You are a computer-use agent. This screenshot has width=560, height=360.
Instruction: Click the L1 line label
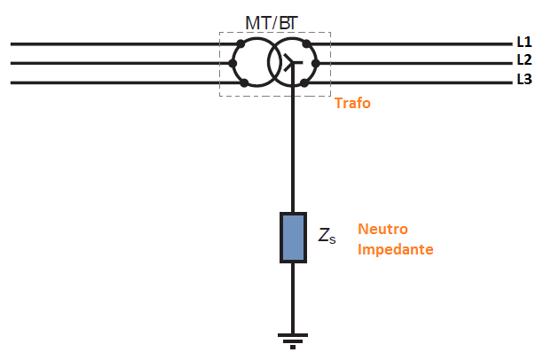(x=525, y=42)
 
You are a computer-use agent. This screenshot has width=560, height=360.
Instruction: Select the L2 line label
(x=525, y=59)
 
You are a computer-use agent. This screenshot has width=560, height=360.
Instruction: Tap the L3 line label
(x=525, y=79)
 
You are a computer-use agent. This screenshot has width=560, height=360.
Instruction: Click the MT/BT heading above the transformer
(x=271, y=23)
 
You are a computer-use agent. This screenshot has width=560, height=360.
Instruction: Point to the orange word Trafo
(x=352, y=103)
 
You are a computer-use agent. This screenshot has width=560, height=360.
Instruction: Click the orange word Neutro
(x=383, y=229)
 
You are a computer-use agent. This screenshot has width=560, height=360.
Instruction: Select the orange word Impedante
(x=395, y=249)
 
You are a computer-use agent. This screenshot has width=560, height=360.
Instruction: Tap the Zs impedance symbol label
(x=327, y=236)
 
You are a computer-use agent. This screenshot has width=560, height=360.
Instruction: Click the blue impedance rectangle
(x=293, y=238)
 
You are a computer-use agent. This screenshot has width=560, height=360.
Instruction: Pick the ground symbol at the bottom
(x=293, y=341)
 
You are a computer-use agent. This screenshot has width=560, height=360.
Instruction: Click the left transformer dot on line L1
(x=241, y=43)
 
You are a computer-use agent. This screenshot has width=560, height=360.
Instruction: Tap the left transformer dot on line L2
(x=233, y=64)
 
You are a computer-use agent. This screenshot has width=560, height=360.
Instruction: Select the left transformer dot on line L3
(x=244, y=83)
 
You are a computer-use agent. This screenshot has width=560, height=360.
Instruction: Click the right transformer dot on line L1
(x=306, y=43)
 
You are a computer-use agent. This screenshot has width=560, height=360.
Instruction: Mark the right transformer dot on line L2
(x=315, y=64)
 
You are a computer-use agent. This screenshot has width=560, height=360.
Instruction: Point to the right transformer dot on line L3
(x=304, y=83)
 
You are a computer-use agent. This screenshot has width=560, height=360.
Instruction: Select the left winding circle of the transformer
(x=233, y=62)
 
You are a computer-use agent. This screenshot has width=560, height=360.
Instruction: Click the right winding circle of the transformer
(x=318, y=62)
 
